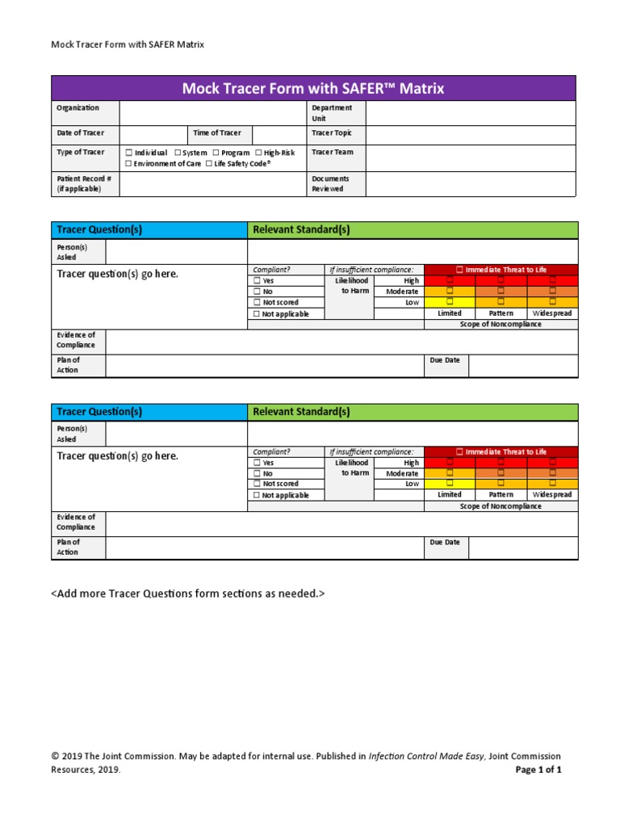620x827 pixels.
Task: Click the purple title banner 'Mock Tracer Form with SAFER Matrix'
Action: coord(313,88)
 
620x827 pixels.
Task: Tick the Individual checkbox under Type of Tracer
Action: coord(129,153)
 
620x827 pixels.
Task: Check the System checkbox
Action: coord(178,153)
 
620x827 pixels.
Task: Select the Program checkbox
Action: coord(216,153)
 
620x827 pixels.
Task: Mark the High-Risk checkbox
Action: coord(258,153)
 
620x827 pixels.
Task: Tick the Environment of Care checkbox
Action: coord(129,164)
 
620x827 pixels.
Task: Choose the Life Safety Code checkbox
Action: coord(209,164)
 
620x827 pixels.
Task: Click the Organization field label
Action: coord(77,108)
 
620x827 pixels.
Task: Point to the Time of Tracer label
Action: coord(216,133)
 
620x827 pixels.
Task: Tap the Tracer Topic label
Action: coord(332,133)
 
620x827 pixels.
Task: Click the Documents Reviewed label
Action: coord(331,183)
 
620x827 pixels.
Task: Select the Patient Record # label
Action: coord(83,183)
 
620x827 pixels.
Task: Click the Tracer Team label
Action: coord(332,152)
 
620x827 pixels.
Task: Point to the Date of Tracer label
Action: coord(80,133)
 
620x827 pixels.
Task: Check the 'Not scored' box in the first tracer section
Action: coord(257,303)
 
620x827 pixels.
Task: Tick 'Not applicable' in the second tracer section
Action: coord(257,496)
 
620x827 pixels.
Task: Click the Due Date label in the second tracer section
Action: coord(445,543)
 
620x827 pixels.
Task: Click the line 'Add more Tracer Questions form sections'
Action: coord(188,594)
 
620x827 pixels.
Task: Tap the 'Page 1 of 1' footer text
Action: coord(538,770)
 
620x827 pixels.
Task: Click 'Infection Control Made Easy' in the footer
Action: coord(427,757)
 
